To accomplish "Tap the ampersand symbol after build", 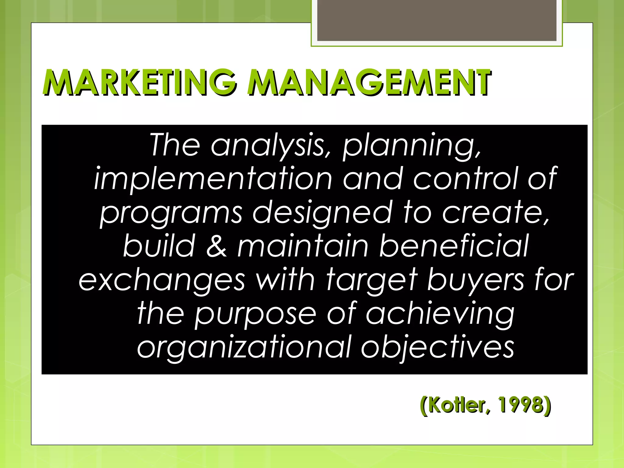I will [x=217, y=246].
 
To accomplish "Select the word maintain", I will [x=303, y=246].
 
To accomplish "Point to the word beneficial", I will [x=454, y=246].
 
